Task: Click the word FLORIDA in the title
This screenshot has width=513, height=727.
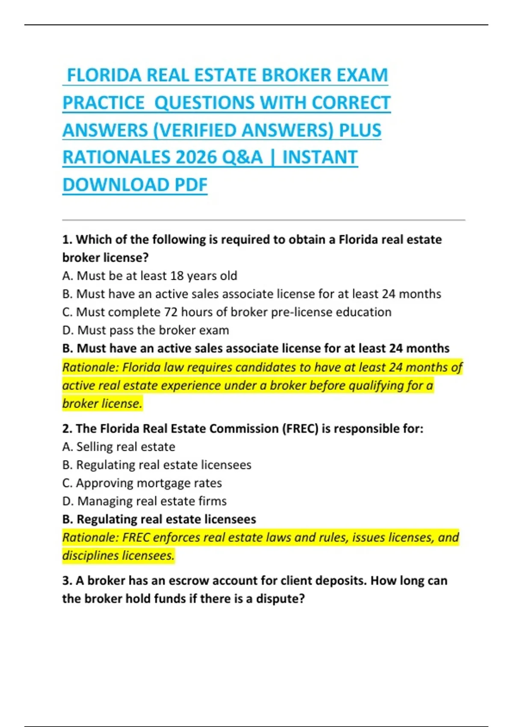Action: click(x=104, y=75)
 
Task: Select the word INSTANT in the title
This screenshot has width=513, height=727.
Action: click(x=320, y=157)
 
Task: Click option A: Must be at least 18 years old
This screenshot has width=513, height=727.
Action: click(x=150, y=276)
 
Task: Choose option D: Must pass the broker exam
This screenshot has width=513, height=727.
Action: click(x=146, y=330)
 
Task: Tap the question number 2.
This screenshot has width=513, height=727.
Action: click(x=67, y=429)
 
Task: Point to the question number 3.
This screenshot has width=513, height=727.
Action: click(x=67, y=581)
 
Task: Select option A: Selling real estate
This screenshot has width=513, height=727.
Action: click(x=119, y=447)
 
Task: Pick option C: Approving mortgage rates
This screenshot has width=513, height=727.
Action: click(x=142, y=483)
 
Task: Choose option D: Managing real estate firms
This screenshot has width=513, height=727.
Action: click(x=144, y=501)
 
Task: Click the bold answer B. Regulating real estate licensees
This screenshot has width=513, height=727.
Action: click(x=159, y=519)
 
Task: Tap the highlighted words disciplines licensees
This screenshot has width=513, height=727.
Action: click(x=118, y=556)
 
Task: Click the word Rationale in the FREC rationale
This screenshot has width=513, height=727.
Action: click(x=90, y=538)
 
